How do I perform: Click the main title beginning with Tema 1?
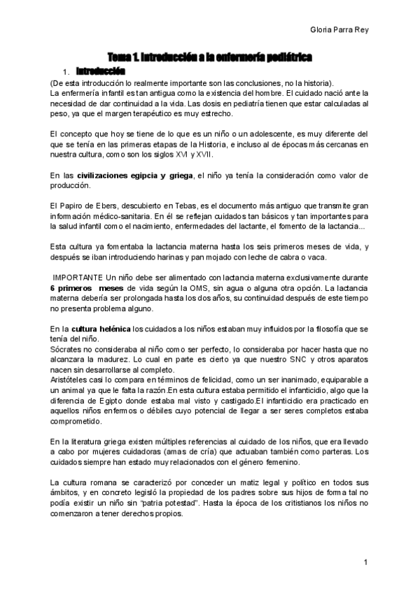coord(209,57)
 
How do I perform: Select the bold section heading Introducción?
coord(101,71)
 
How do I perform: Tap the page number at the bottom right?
coord(366,562)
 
